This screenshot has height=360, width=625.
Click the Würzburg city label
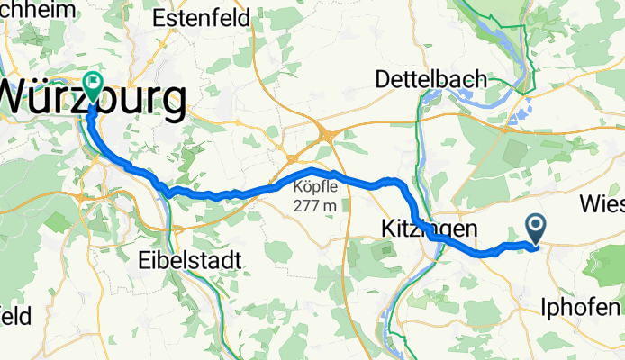(x=94, y=97)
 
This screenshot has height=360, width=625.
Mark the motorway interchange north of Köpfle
(x=325, y=136)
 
